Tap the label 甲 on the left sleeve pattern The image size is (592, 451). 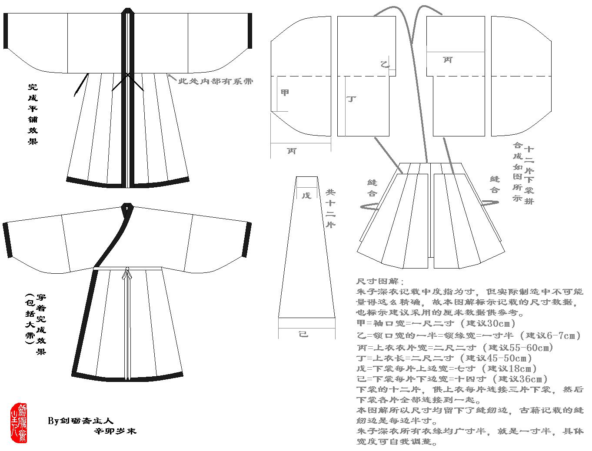(285, 93)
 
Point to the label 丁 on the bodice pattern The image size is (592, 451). (351, 99)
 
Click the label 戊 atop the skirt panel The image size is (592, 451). (306, 195)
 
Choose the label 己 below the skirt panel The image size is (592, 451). (304, 334)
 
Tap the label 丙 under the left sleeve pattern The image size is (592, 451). (292, 151)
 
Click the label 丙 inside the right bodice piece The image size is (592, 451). (448, 60)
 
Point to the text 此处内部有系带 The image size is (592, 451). (216, 81)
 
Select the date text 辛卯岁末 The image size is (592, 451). (116, 431)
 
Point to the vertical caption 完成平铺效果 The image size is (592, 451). (33, 114)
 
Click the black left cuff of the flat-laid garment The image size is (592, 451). (6, 31)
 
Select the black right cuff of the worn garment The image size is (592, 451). (249, 239)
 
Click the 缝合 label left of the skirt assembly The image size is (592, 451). (372, 188)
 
